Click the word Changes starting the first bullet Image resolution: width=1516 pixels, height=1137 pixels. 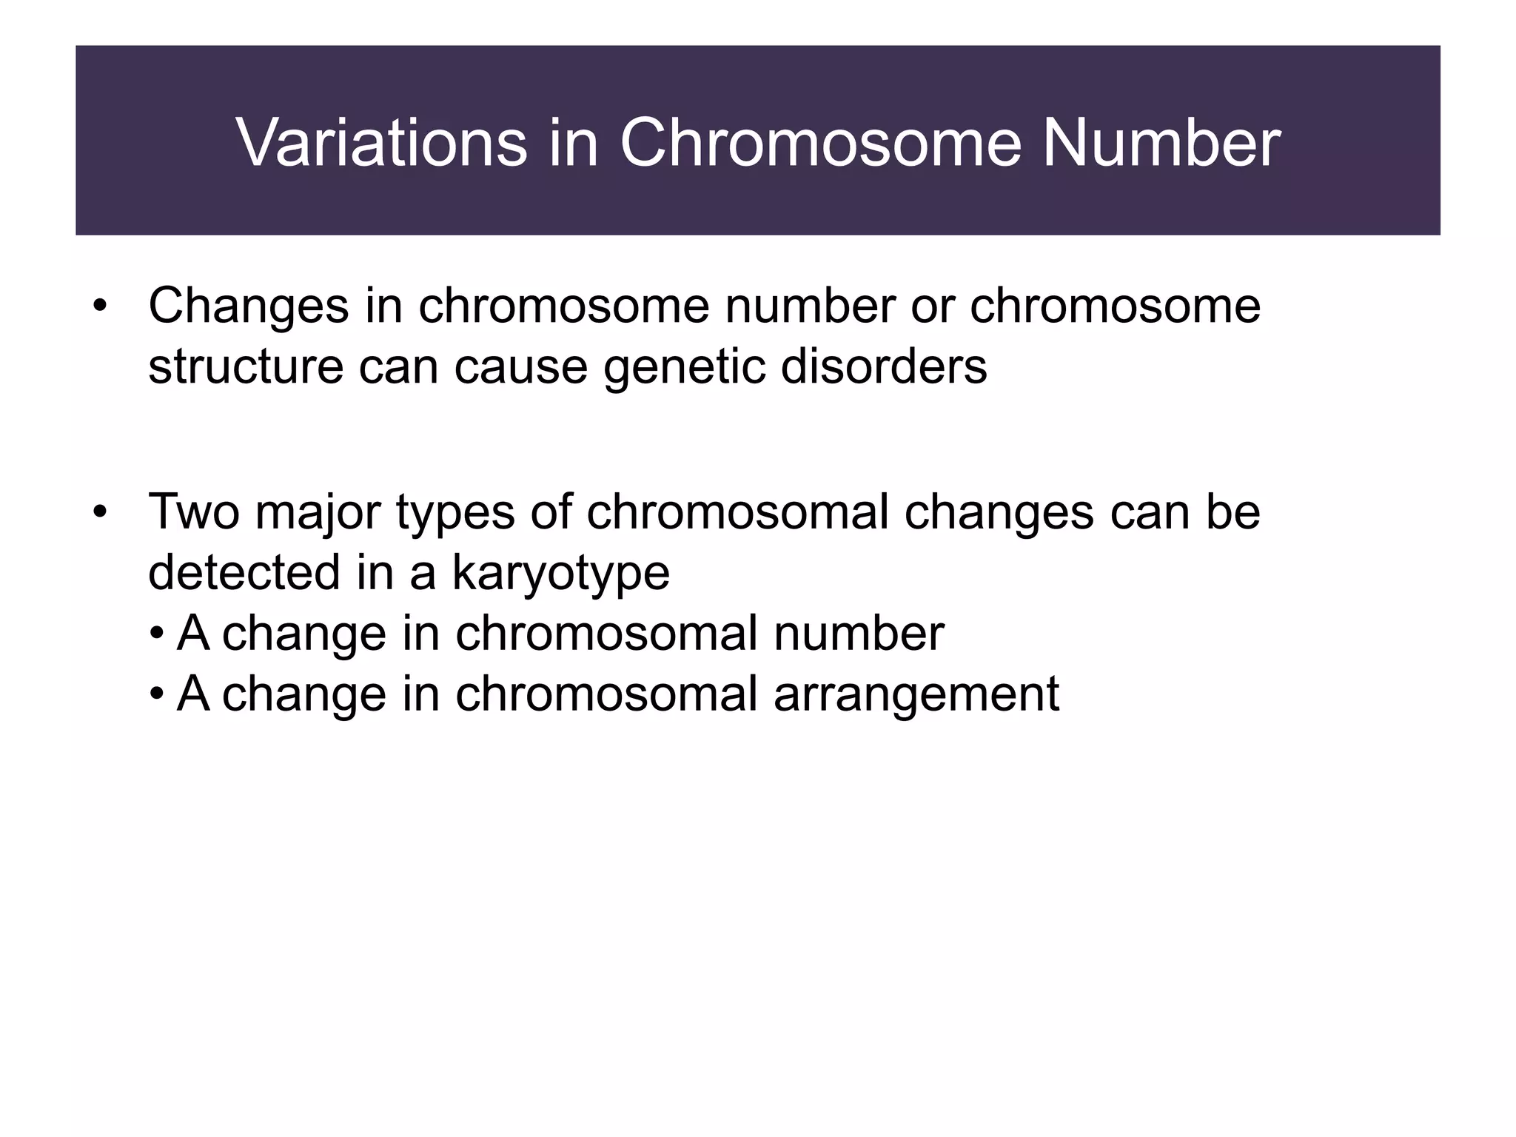point(248,307)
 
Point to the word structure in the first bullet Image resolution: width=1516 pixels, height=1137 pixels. point(245,366)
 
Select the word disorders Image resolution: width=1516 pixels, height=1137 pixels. point(884,366)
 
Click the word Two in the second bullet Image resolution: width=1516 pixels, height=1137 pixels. point(194,512)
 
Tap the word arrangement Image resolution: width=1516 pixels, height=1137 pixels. point(916,695)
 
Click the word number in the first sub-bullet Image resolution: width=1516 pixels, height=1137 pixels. point(859,634)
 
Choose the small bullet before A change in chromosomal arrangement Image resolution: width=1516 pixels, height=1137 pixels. point(156,695)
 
